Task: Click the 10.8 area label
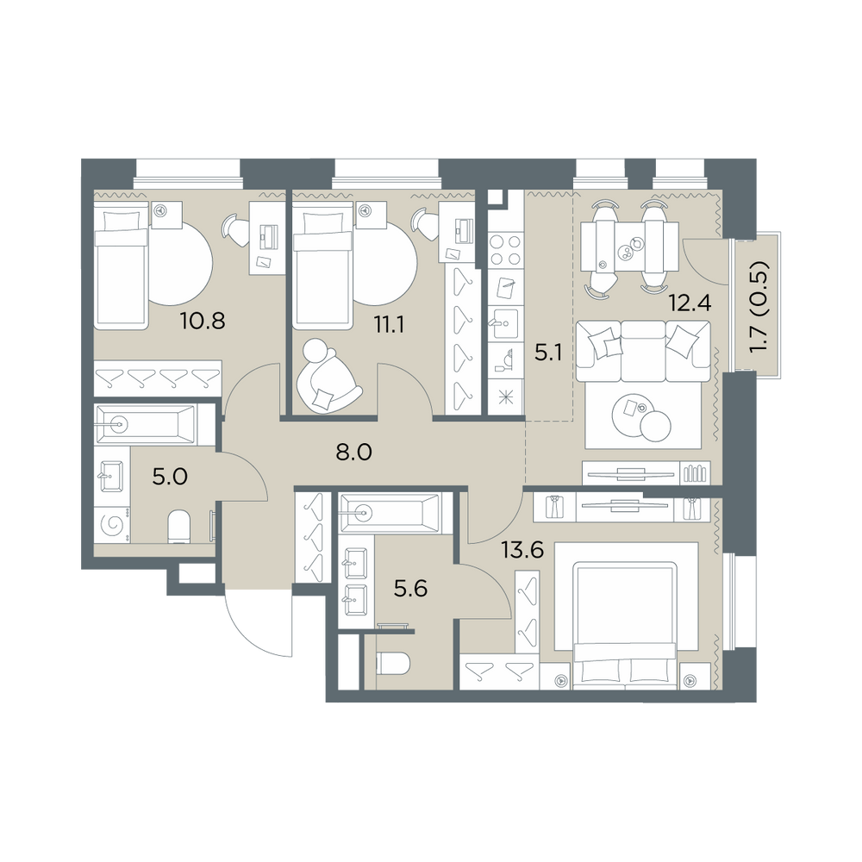tap(203, 320)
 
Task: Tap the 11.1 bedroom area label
tap(389, 325)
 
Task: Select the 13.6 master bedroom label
tap(523, 549)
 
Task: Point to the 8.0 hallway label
tap(353, 453)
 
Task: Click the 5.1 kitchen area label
tap(548, 353)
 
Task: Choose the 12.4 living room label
tap(690, 303)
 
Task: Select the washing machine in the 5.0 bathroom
tap(113, 524)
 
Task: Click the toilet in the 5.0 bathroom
tap(178, 526)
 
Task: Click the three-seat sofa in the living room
tap(643, 352)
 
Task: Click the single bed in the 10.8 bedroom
tap(122, 265)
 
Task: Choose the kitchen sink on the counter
tap(504, 324)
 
